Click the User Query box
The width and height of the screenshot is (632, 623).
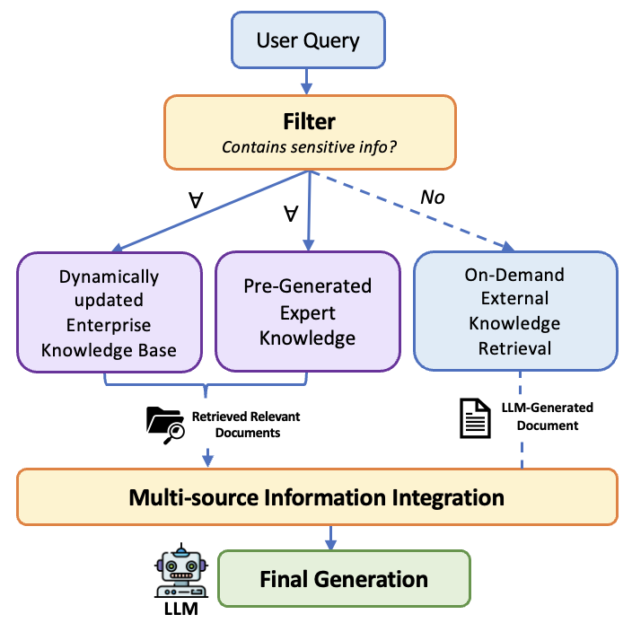307,39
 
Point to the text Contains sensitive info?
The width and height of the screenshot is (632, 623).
309,146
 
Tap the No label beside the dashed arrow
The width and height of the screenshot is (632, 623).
433,196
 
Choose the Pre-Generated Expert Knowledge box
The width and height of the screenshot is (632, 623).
308,311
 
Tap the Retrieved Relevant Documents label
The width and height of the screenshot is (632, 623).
245,425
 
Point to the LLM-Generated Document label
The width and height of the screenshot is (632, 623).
547,417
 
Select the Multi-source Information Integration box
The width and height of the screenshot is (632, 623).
317,496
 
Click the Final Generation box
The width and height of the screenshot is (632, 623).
344,578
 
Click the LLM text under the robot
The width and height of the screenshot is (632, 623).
179,610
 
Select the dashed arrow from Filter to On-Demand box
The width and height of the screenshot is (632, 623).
422,212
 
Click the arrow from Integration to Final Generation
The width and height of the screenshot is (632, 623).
330,537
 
